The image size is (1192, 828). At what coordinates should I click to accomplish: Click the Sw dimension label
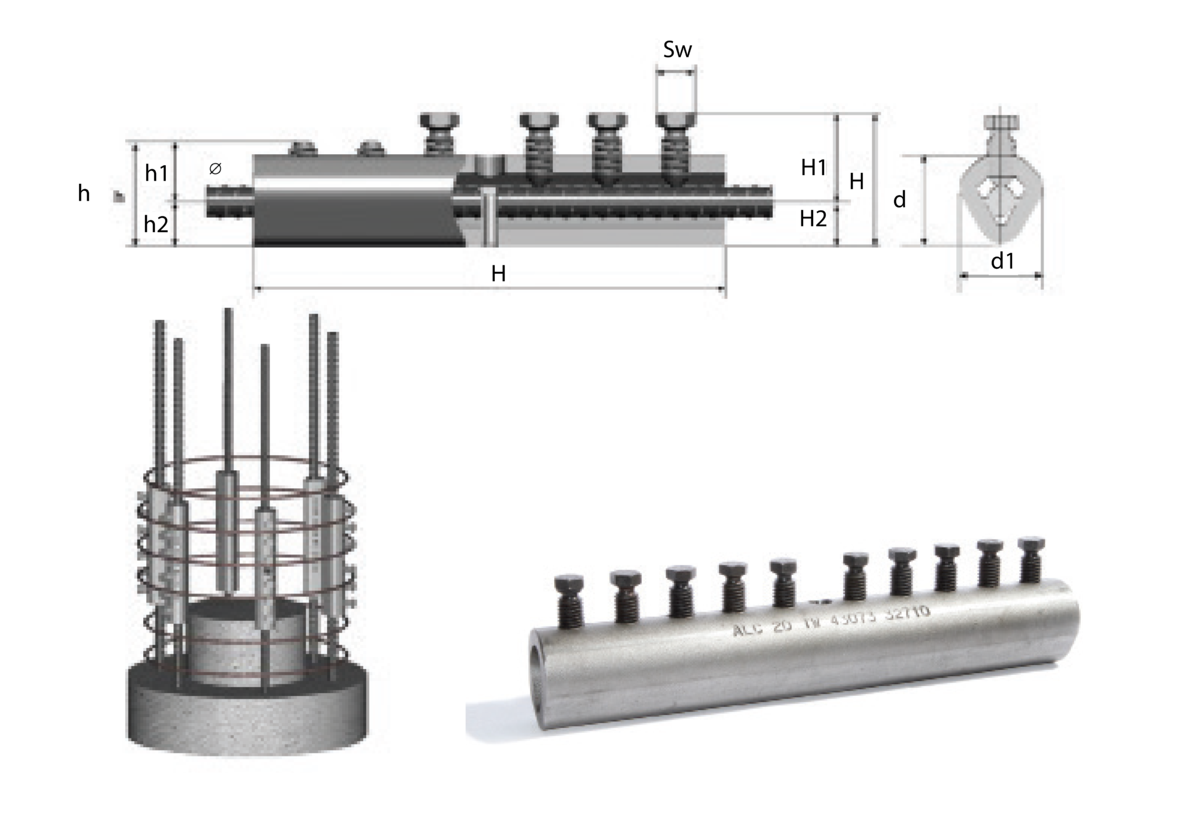coord(677,51)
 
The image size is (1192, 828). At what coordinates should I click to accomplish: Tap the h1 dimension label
coord(156,173)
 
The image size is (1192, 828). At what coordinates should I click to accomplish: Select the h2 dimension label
coord(155,225)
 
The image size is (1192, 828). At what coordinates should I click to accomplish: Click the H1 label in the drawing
coord(813,168)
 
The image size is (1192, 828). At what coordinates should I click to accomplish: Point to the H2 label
coord(813,219)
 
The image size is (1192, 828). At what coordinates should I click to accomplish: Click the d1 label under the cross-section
coord(1002,262)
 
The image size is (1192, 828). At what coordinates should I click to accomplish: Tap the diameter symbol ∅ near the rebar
coord(215,169)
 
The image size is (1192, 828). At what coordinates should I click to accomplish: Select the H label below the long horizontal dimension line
coord(498,274)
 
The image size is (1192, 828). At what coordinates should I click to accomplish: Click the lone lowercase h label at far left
coord(84,194)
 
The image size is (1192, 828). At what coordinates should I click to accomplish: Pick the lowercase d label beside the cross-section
coord(899,201)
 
